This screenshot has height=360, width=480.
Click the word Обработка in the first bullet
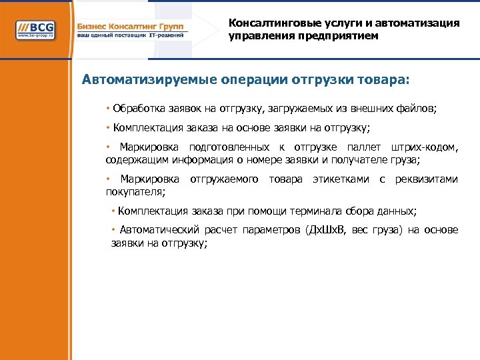click(135, 108)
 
